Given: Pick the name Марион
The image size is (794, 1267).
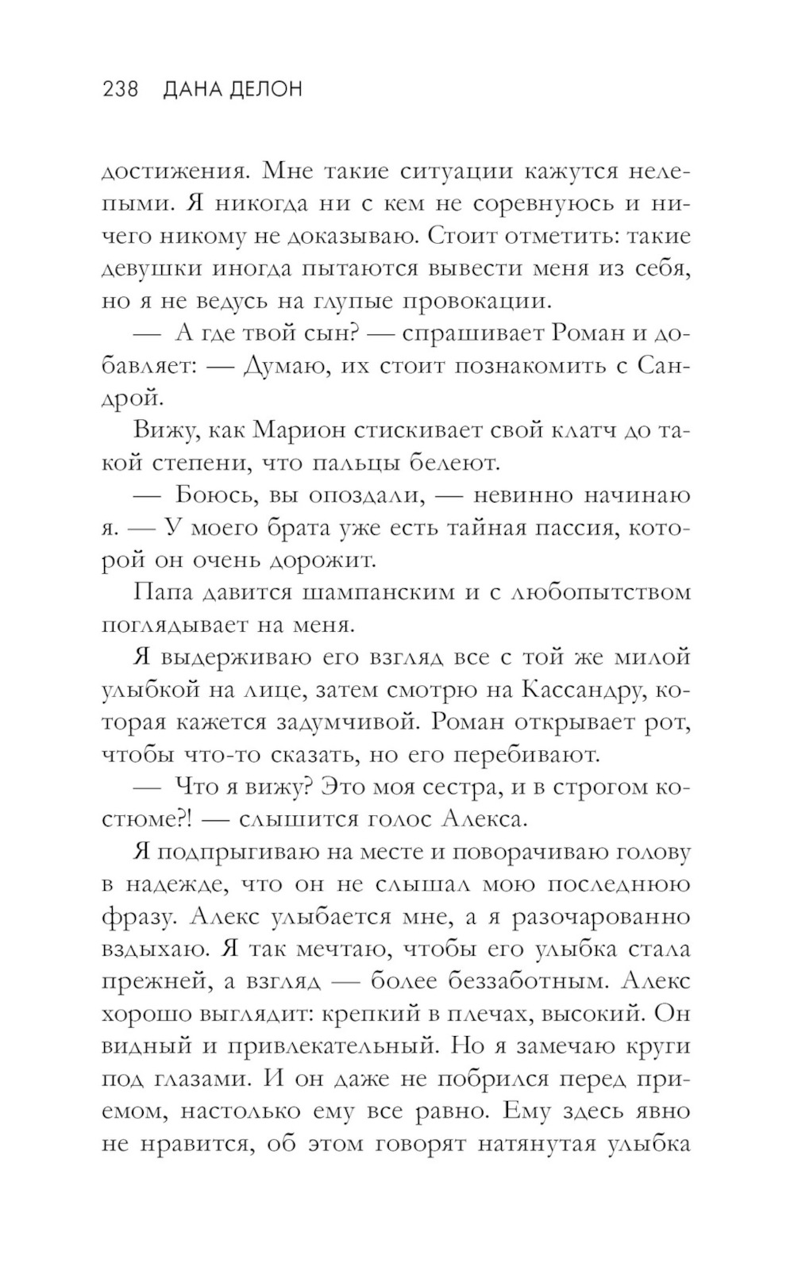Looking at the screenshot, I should tap(297, 430).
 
